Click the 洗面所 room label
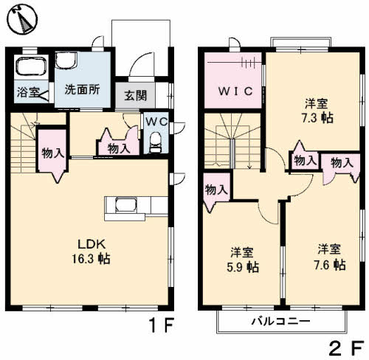(x=83, y=92)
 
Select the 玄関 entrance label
(x=134, y=94)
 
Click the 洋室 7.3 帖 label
(x=316, y=110)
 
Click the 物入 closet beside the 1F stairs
(x=52, y=153)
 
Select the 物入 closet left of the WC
(x=117, y=147)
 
